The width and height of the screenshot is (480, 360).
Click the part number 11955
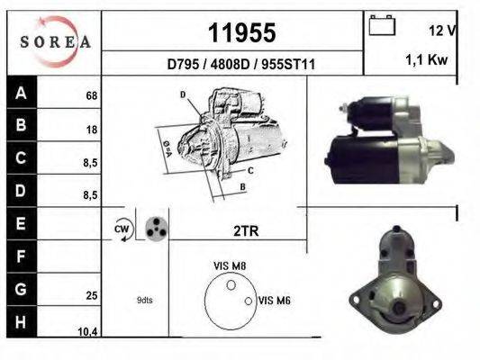click(242, 32)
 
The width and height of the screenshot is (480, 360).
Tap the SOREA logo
click(56, 41)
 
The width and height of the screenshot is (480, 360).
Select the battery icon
click(382, 25)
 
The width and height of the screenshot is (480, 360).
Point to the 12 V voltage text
click(442, 31)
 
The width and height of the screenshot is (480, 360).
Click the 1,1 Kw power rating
click(427, 59)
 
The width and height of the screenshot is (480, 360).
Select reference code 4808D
click(231, 65)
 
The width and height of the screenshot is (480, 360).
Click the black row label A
click(21, 92)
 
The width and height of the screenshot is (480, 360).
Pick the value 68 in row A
click(92, 96)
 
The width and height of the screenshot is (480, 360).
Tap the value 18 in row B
click(92, 130)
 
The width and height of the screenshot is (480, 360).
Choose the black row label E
click(21, 223)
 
